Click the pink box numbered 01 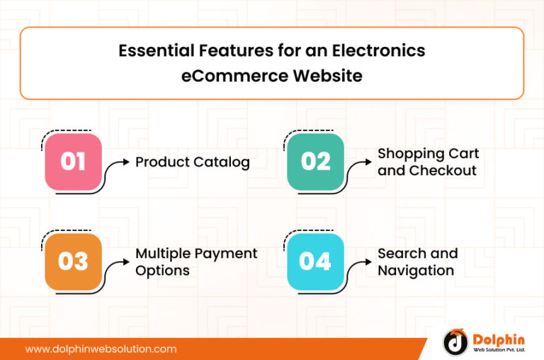tap(73, 162)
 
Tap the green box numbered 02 tap(315, 162)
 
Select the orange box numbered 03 tap(73, 261)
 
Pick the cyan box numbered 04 tap(315, 261)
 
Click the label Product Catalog tap(193, 162)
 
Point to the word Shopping tap(409, 153)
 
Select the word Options tap(162, 271)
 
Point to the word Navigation tap(416, 271)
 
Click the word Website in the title tap(327, 75)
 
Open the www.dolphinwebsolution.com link tap(101, 349)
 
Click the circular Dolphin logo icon tap(455, 342)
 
